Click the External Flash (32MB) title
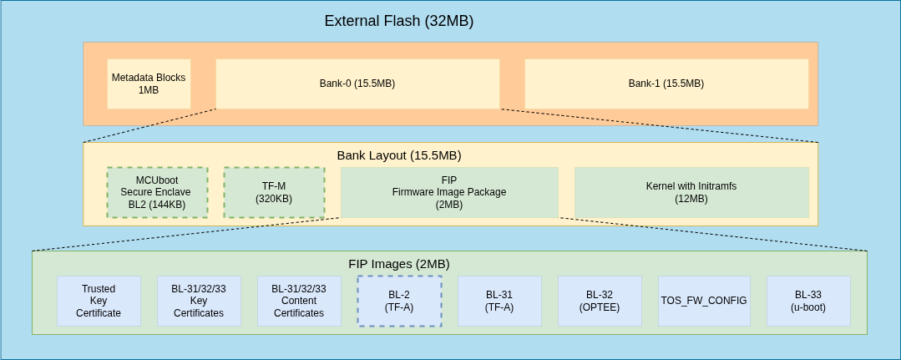tap(398, 21)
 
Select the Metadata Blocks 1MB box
tap(149, 84)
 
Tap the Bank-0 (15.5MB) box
tap(357, 84)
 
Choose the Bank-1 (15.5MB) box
tap(666, 84)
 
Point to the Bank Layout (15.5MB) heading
tap(398, 155)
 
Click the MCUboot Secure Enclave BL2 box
tap(157, 192)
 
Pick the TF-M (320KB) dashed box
tap(274, 192)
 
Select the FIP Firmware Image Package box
tap(449, 192)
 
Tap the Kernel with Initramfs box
tap(691, 192)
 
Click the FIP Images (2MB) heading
tap(398, 264)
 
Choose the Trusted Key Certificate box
tap(99, 301)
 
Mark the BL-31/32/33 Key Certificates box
tap(199, 301)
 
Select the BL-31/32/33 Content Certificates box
tap(299, 301)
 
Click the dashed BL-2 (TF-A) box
tap(399, 301)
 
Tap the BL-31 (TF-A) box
tap(499, 301)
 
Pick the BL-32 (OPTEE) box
tap(600, 301)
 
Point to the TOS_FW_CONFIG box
tap(704, 301)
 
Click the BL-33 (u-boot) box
tap(808, 301)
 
